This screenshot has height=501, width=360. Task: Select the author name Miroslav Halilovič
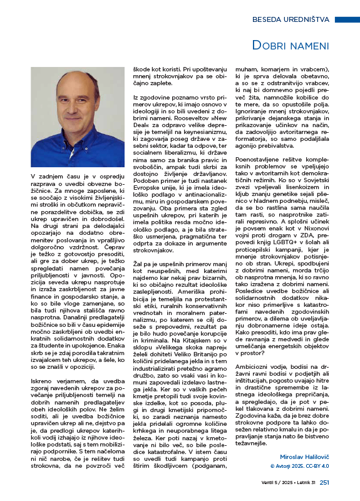click(300, 459)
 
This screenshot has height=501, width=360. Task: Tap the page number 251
click(324, 482)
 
